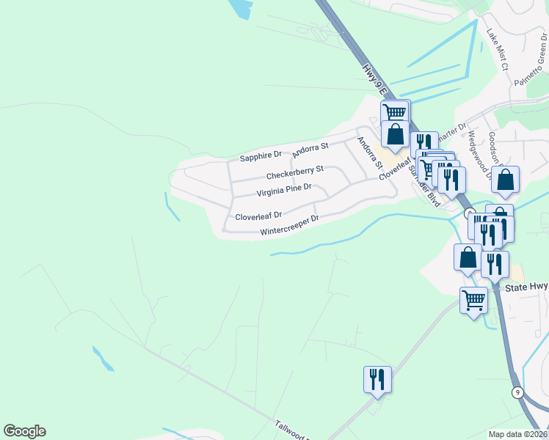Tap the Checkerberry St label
click(294, 175)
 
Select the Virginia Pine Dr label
click(284, 191)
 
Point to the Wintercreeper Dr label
click(290, 225)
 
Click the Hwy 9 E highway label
click(374, 80)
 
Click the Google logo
click(24, 431)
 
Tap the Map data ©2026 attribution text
click(517, 434)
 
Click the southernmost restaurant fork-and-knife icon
click(377, 380)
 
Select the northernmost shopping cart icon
click(395, 112)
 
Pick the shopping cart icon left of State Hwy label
click(473, 299)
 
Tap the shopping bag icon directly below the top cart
click(395, 134)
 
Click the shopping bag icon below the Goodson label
click(506, 180)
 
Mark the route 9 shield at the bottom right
click(517, 392)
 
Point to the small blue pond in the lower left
click(102, 357)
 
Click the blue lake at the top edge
click(239, 9)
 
